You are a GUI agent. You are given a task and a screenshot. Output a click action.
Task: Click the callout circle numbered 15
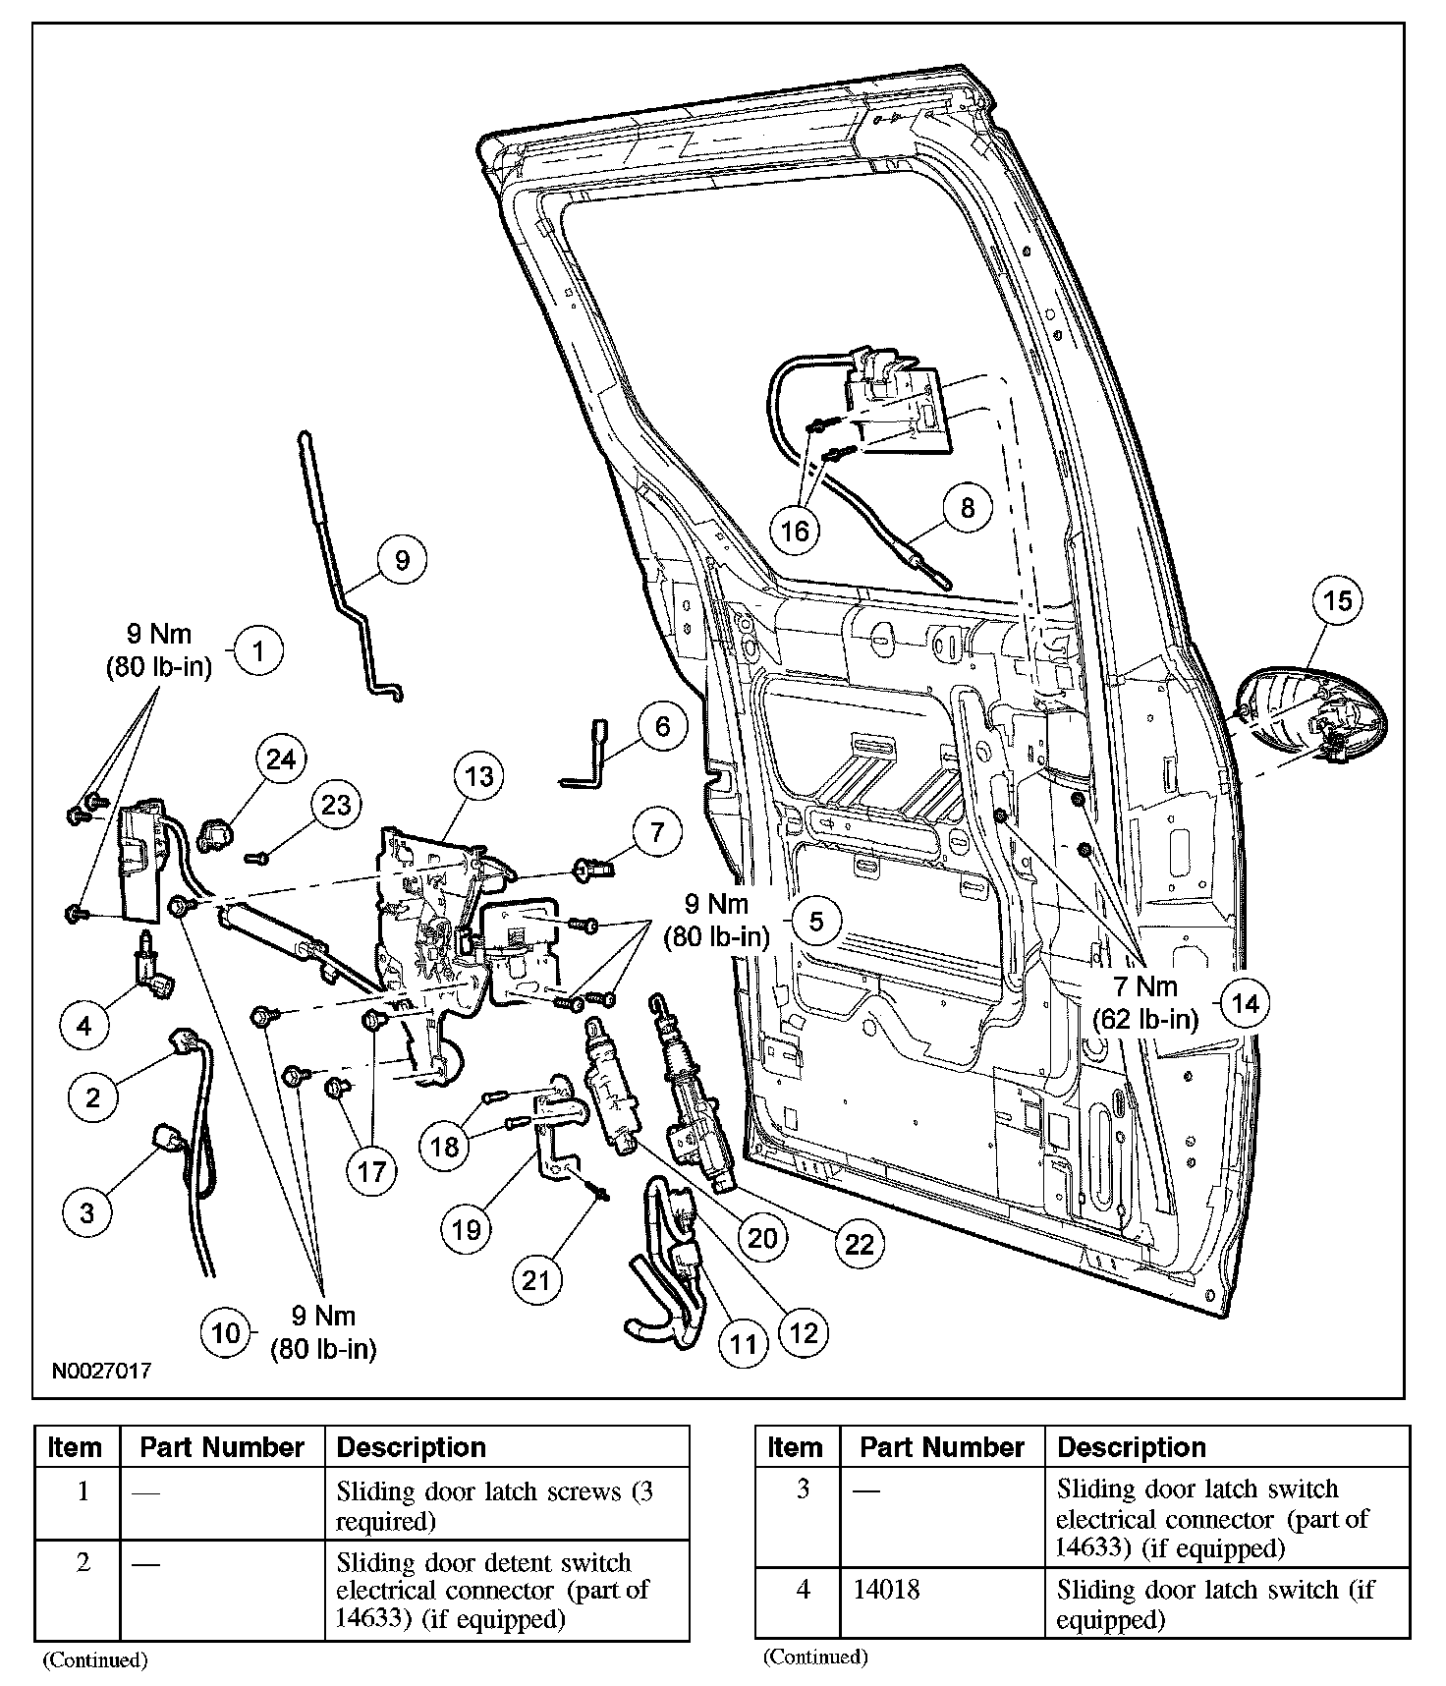[1339, 599]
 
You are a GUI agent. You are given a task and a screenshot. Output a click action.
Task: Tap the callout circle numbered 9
[402, 560]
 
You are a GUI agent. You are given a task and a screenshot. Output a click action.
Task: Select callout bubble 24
[281, 759]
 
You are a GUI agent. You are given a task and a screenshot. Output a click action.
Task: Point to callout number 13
[478, 777]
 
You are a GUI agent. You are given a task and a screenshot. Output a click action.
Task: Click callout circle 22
[860, 1243]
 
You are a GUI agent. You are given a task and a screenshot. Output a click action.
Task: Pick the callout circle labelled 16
[794, 531]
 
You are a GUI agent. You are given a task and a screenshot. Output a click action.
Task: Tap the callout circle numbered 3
[86, 1211]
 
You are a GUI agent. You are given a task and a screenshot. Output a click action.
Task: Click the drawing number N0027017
[102, 1370]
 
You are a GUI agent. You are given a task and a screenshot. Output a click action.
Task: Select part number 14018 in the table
[880, 1589]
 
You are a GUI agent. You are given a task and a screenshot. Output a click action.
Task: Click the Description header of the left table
[412, 1447]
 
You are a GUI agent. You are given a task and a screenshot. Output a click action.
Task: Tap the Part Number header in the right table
[941, 1447]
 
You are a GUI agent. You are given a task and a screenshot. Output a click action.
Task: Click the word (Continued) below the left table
[94, 1659]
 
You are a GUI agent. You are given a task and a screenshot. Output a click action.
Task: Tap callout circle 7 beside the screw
[656, 832]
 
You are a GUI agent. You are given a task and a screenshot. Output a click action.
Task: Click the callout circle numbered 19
[467, 1228]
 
